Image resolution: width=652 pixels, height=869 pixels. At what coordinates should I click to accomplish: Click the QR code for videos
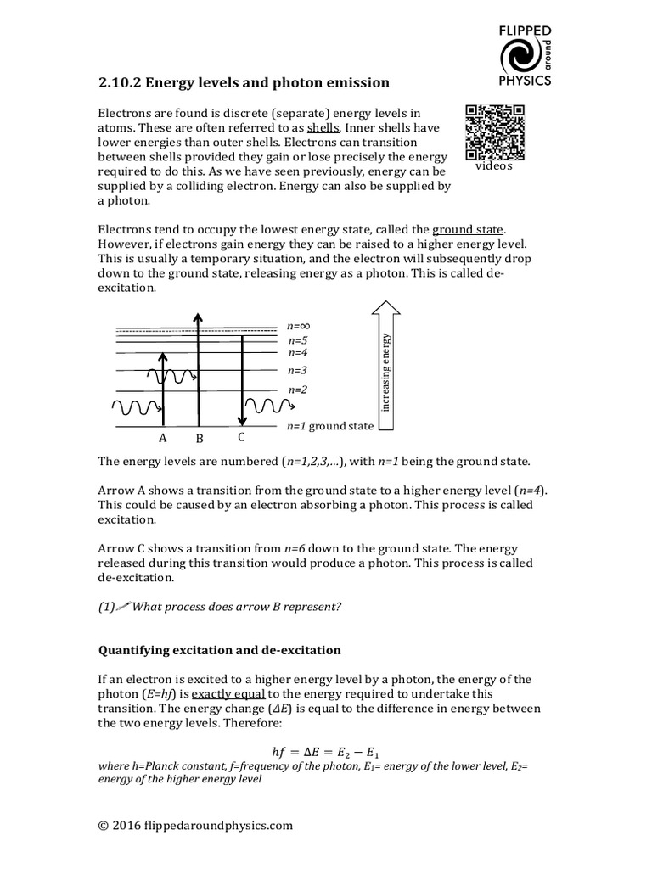(495, 132)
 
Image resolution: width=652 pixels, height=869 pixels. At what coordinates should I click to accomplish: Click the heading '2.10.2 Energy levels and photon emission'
(244, 83)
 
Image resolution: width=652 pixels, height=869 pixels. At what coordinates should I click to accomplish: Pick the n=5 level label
(299, 341)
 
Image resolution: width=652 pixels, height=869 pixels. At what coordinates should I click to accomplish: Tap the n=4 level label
(298, 353)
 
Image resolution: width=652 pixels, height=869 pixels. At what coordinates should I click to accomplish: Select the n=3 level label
(298, 370)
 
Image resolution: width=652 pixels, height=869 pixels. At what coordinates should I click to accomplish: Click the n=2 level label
(298, 390)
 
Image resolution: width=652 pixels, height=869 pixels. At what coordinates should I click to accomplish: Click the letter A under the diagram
(163, 439)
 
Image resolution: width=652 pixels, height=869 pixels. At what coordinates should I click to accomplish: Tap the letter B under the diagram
(200, 440)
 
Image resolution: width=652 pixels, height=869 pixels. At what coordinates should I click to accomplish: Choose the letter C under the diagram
(242, 438)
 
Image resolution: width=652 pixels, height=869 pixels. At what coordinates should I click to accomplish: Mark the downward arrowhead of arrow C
(243, 420)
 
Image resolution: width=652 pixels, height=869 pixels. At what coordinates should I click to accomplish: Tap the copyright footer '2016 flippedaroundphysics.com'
(195, 825)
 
